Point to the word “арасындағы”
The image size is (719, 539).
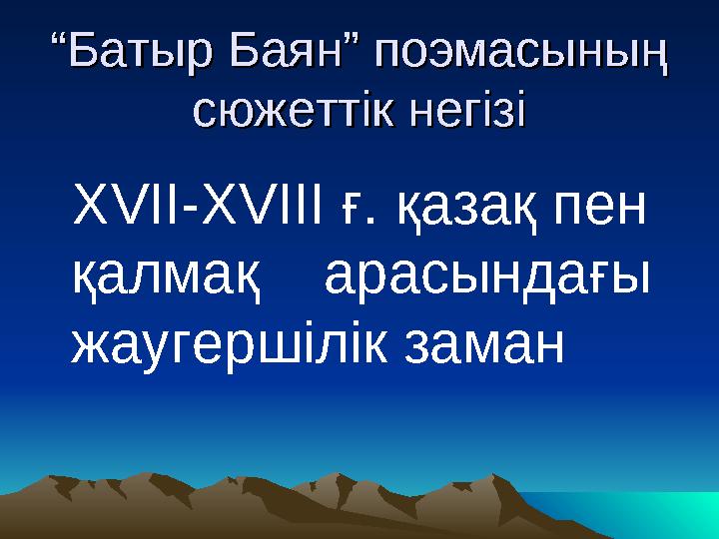[487, 280]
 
